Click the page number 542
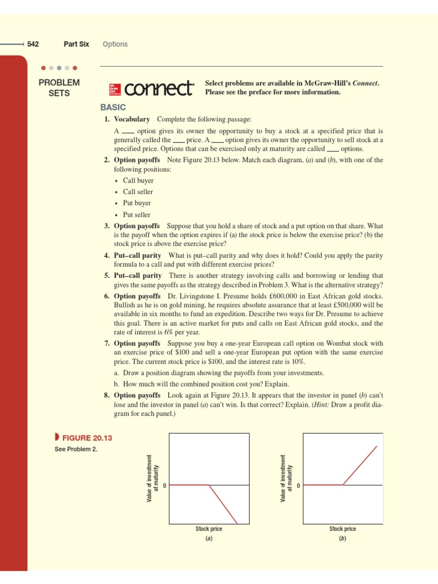(33, 44)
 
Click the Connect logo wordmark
(159, 89)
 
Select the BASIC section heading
(113, 107)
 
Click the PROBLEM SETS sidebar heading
(59, 88)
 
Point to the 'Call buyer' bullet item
(138, 181)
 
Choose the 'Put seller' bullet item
(137, 215)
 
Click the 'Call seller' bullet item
(138, 192)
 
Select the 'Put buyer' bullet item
(137, 204)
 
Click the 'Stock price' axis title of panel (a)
(209, 529)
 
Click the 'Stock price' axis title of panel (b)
(343, 529)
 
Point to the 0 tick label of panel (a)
(164, 485)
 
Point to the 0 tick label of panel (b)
(298, 485)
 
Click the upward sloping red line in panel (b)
(360, 465)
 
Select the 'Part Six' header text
(76, 44)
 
